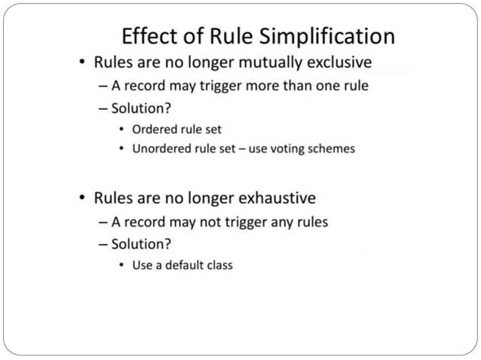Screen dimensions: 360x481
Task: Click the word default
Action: tap(185, 265)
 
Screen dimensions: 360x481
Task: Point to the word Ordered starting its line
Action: tap(155, 129)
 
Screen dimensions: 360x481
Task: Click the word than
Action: tap(296, 85)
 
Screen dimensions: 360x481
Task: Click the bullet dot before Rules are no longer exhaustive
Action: tap(81, 199)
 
